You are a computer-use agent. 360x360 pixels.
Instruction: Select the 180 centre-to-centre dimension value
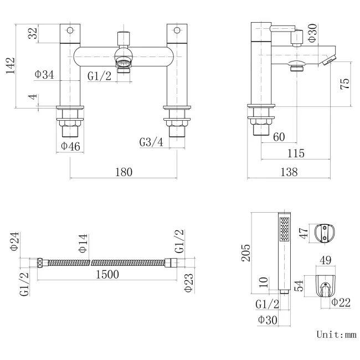(x=124, y=172)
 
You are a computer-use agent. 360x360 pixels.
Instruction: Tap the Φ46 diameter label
(x=71, y=146)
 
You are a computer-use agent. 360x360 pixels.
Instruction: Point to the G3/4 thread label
(x=152, y=142)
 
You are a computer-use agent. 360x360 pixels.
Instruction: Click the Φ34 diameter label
(x=44, y=75)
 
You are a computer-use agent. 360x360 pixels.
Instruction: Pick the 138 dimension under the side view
(x=289, y=172)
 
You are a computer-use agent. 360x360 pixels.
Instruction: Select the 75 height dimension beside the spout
(x=344, y=84)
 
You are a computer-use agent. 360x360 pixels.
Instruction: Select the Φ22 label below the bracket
(x=342, y=302)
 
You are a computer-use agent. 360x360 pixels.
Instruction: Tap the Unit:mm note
(x=336, y=335)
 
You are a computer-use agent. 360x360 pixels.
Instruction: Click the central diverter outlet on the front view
(x=124, y=62)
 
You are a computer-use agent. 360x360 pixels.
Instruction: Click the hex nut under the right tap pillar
(x=177, y=117)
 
